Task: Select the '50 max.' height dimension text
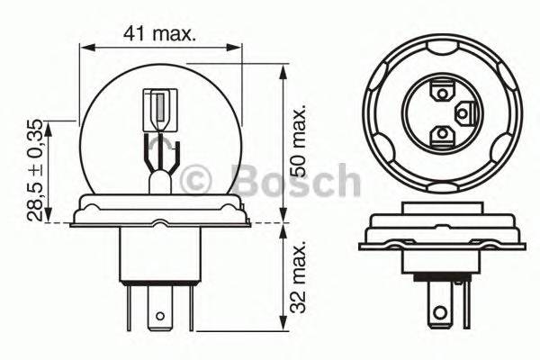[x=301, y=135]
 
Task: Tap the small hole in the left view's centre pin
[x=161, y=316]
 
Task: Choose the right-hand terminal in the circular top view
[x=466, y=112]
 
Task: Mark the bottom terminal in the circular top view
[x=441, y=134]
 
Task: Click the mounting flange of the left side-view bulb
[x=162, y=211]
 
